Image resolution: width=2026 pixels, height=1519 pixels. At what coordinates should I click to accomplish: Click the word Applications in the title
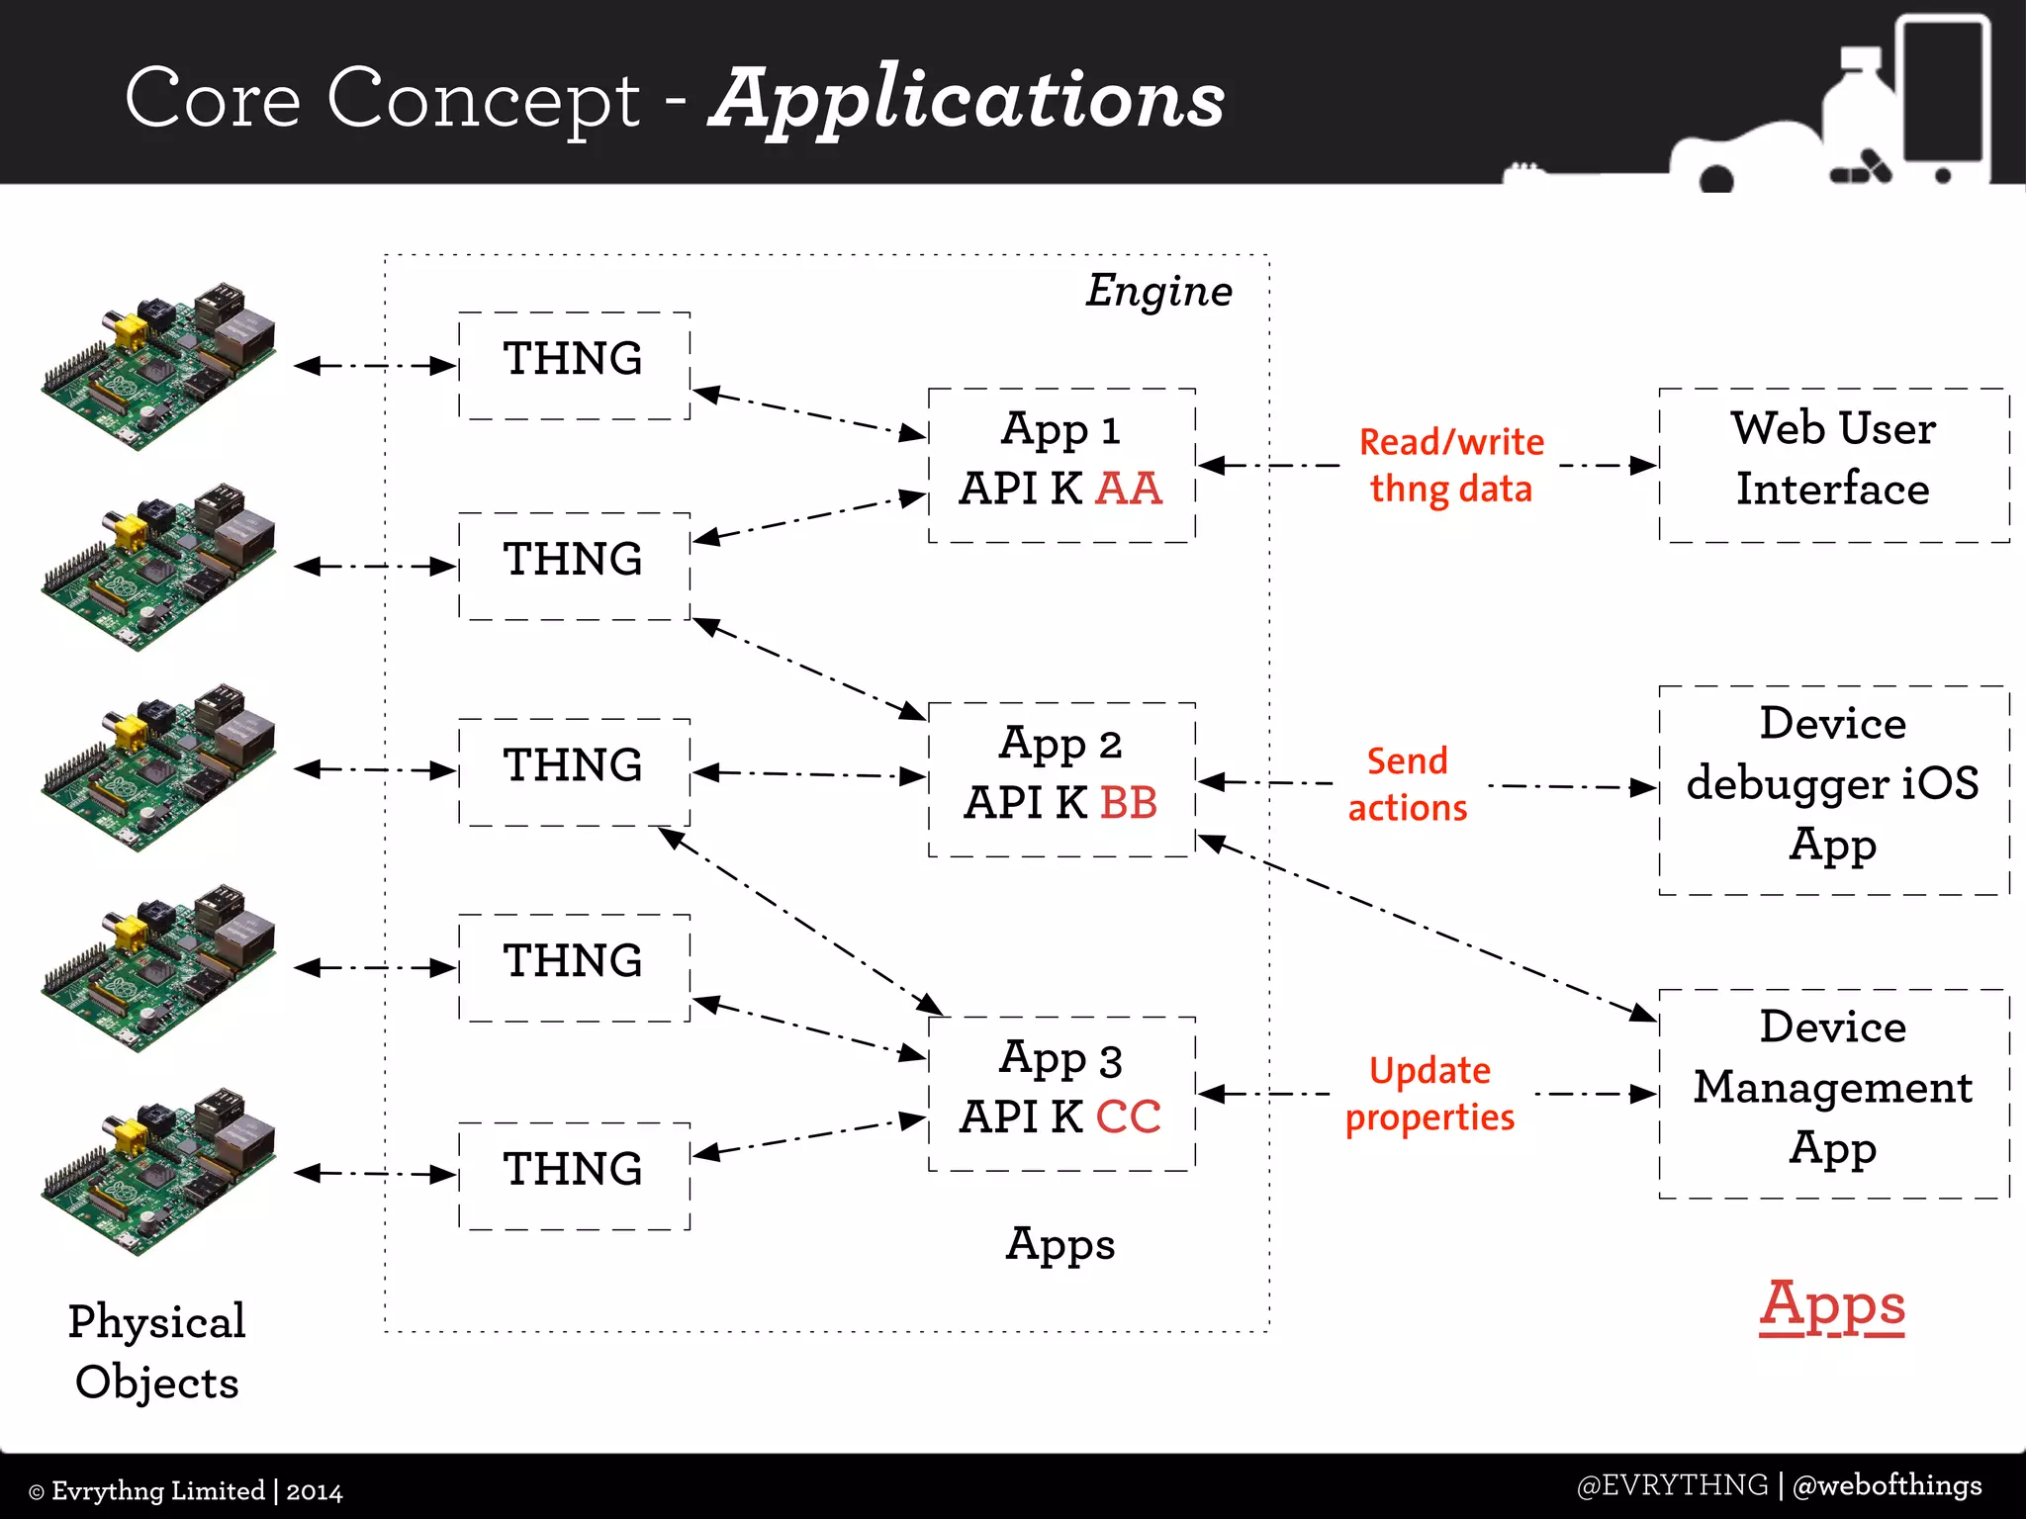click(967, 100)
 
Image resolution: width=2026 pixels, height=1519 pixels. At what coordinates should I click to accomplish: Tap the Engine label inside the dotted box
click(1158, 291)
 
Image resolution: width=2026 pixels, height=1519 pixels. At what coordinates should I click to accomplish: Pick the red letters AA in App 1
click(1129, 489)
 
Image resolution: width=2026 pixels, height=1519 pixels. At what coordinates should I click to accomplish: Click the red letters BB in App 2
click(1129, 803)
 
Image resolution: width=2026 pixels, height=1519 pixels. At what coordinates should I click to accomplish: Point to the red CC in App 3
click(1129, 1117)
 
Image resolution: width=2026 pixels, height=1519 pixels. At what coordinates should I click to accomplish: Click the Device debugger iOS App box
click(1833, 787)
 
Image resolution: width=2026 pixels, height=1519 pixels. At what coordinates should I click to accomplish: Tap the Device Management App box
click(1833, 1092)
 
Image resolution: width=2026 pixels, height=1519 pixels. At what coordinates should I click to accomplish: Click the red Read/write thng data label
click(1451, 465)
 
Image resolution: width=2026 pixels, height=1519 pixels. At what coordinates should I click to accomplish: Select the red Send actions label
click(1408, 784)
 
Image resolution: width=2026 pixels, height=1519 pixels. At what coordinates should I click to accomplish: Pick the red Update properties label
click(1429, 1094)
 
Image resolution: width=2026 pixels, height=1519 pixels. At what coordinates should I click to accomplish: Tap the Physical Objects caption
click(156, 1351)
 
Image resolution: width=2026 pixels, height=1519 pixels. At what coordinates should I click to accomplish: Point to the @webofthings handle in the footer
click(1887, 1485)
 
